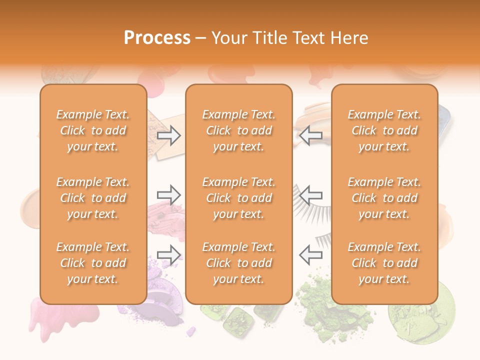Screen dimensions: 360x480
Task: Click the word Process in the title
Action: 157,38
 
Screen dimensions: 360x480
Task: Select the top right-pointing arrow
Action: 168,135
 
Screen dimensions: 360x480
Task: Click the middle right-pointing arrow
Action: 168,194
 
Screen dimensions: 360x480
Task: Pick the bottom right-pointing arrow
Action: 168,254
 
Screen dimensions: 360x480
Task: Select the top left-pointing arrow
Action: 310,135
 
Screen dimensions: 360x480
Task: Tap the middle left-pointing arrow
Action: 310,194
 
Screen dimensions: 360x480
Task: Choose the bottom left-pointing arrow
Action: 310,254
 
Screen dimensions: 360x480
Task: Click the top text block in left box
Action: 93,130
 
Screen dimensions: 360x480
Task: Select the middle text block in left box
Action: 93,198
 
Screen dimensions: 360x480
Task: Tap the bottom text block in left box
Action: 93,263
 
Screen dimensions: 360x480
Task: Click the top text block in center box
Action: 238,130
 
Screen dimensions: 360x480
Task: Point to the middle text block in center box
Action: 238,198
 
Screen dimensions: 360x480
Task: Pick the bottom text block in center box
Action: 238,263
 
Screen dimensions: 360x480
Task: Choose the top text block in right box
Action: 384,130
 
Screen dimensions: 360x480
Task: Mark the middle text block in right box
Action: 384,198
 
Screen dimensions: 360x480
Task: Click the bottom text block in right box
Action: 384,263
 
